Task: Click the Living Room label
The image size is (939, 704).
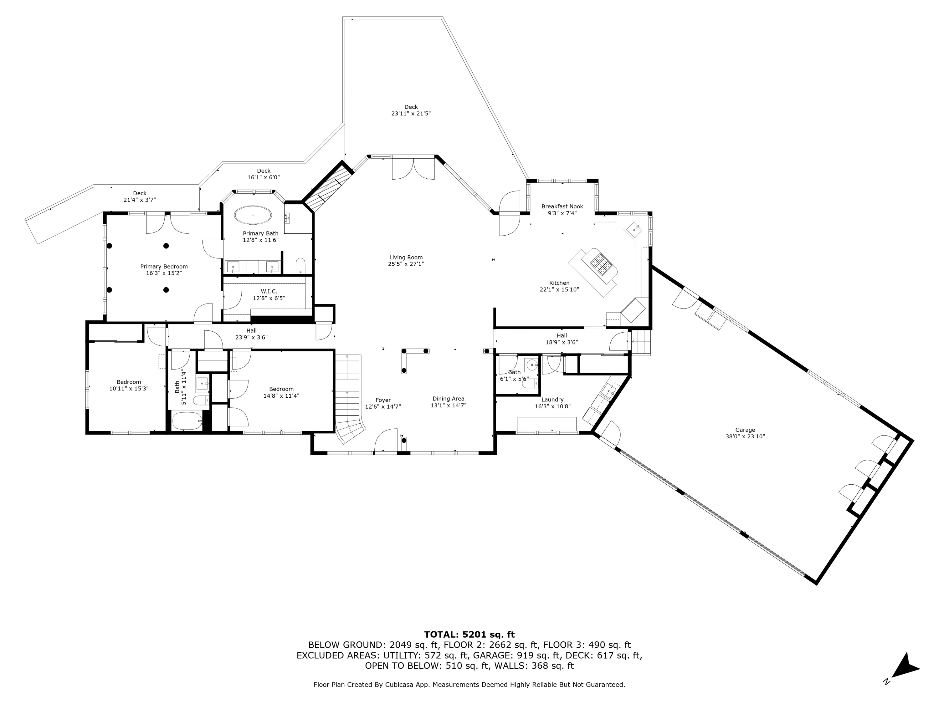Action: (x=406, y=261)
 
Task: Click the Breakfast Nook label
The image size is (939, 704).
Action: (x=562, y=210)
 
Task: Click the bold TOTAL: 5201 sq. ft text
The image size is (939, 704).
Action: (x=469, y=635)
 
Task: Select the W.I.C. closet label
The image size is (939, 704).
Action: (x=269, y=294)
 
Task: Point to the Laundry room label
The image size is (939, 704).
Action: (x=552, y=403)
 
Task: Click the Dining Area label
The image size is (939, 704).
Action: (x=448, y=402)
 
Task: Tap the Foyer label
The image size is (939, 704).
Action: (x=383, y=403)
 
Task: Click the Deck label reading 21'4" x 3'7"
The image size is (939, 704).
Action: (x=140, y=196)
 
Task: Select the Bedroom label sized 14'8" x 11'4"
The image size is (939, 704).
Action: (x=281, y=392)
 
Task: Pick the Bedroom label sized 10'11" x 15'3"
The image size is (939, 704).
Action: (x=129, y=385)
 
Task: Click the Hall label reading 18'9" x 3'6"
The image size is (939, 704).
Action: (x=562, y=339)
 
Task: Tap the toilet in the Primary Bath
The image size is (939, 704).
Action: (x=300, y=265)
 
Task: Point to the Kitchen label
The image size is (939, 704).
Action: (x=559, y=286)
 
